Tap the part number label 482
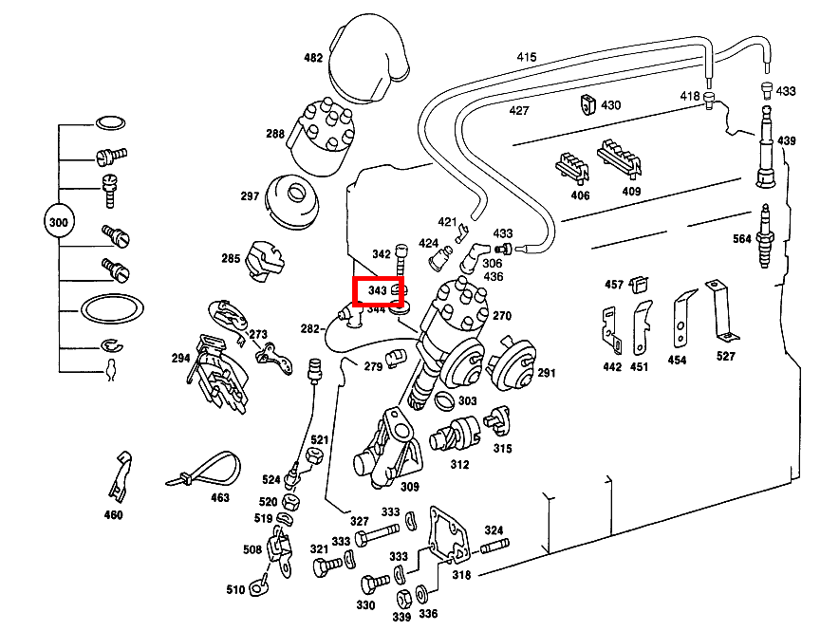pyautogui.click(x=313, y=58)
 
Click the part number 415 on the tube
pyautogui.click(x=526, y=58)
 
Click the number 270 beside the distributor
pyautogui.click(x=502, y=316)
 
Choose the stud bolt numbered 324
pyautogui.click(x=494, y=547)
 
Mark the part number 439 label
pyautogui.click(x=787, y=140)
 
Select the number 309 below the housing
pyautogui.click(x=410, y=487)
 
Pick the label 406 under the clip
pyautogui.click(x=580, y=195)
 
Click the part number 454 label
pyautogui.click(x=677, y=361)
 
